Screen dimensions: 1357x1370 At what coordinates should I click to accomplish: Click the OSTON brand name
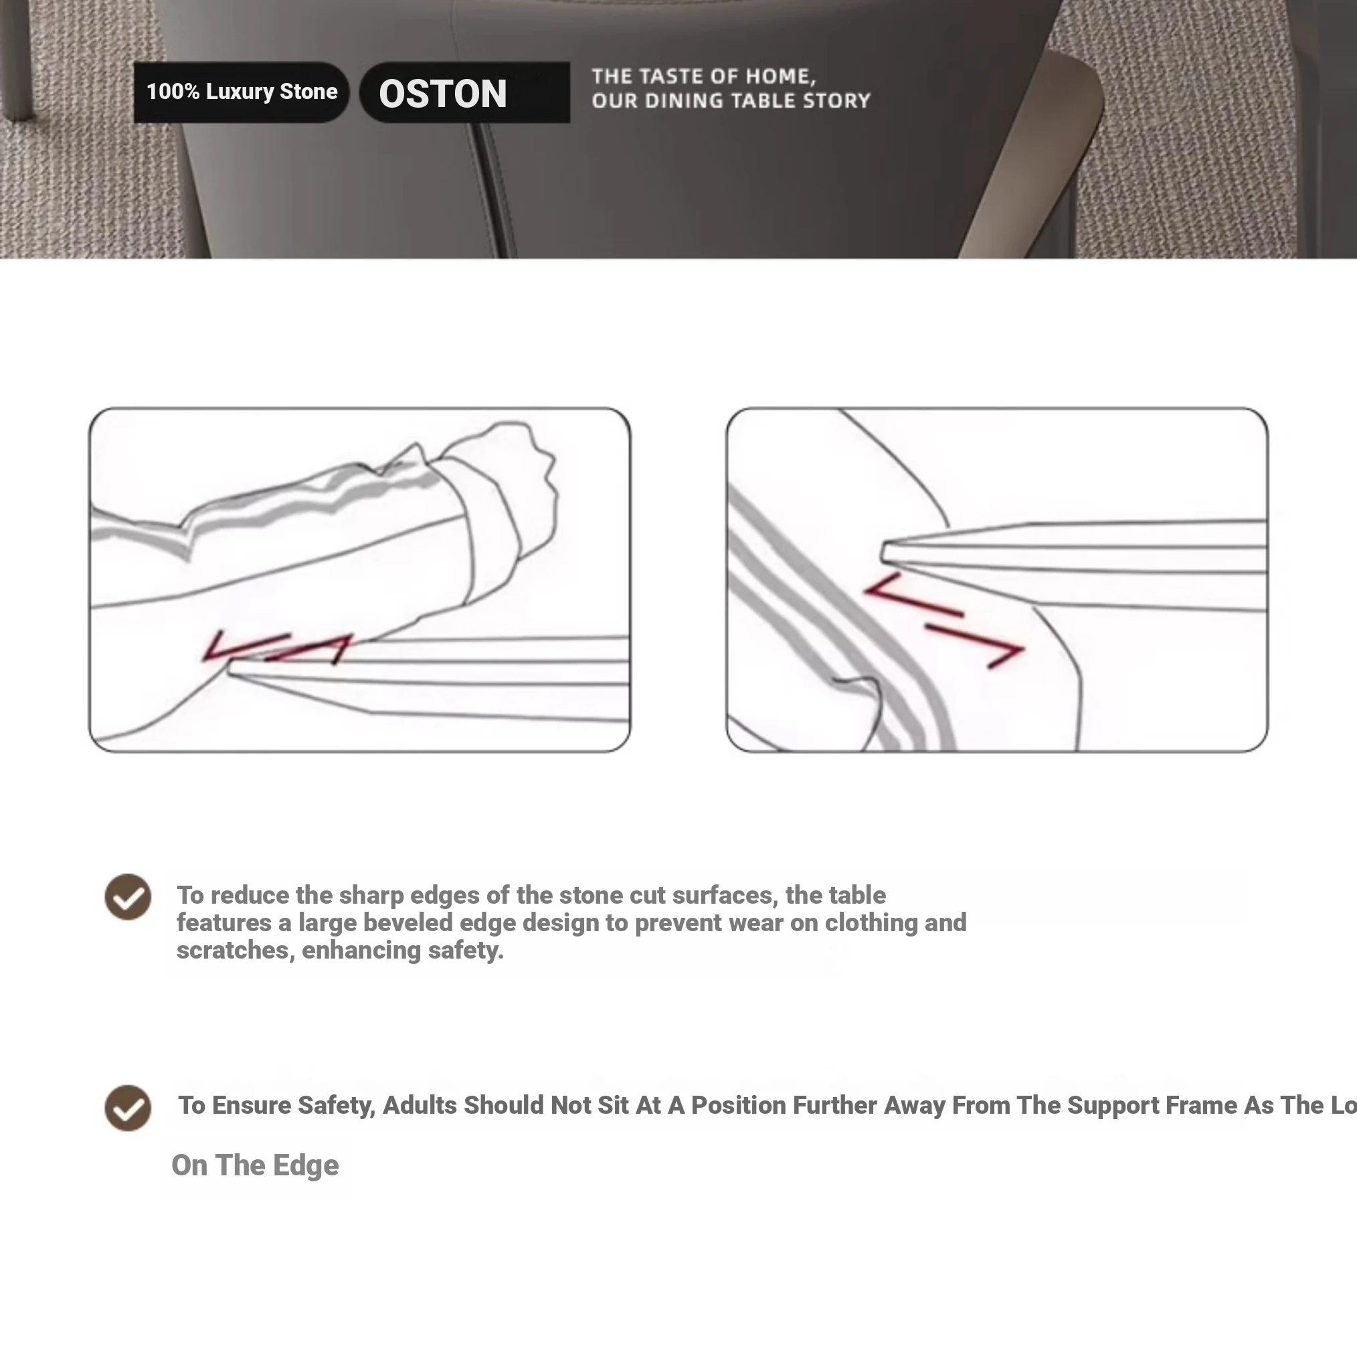pyautogui.click(x=443, y=94)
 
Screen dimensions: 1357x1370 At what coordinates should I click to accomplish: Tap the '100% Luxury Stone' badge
pyautogui.click(x=241, y=92)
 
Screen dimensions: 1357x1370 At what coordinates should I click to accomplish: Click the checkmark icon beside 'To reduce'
pyautogui.click(x=128, y=896)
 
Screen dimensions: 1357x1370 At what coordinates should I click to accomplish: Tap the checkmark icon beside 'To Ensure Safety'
pyautogui.click(x=128, y=1108)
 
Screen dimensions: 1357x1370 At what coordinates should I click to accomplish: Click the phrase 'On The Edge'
pyautogui.click(x=256, y=1165)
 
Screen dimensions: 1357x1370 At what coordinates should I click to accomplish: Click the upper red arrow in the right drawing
pyautogui.click(x=913, y=595)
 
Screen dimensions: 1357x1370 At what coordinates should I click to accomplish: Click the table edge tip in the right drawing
pyautogui.click(x=884, y=552)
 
